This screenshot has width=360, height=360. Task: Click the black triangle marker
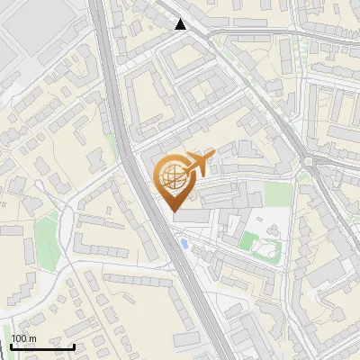182,24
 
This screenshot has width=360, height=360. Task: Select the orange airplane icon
199,162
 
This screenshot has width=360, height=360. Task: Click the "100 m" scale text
24,338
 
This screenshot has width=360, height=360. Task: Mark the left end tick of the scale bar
12,345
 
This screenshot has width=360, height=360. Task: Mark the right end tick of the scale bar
74,345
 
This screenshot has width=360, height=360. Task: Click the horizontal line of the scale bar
42,346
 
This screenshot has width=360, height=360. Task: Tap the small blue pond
184,243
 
